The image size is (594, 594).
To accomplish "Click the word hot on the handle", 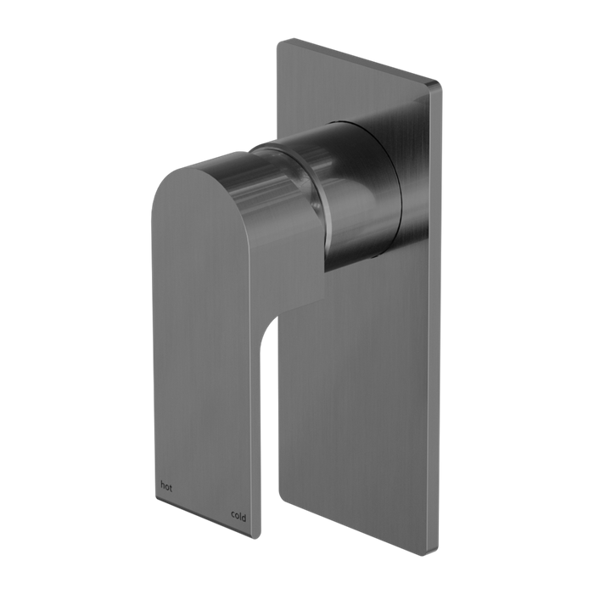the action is coord(166,486).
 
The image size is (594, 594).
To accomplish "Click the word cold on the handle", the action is coord(238,516).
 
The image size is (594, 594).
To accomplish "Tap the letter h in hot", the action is coord(163,485).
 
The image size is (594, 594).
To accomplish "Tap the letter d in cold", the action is coord(244,517).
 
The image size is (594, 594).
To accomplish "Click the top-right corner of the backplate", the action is coord(440,84).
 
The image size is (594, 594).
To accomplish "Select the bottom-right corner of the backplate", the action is coord(436,554).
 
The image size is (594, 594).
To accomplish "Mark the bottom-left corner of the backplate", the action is coord(280,496).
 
